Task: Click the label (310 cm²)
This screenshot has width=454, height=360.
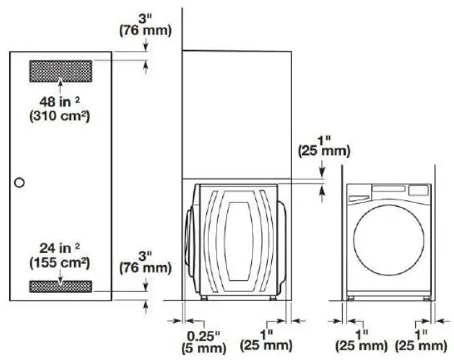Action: click(x=61, y=116)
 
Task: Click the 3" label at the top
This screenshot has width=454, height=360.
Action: click(x=143, y=17)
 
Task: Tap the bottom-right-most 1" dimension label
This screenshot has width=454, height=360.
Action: click(x=420, y=333)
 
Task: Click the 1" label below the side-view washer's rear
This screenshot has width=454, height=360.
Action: click(x=266, y=333)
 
